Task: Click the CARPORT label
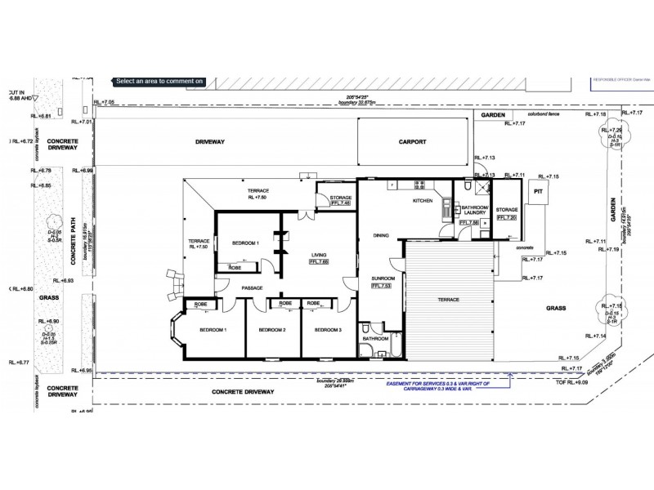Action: [412, 142]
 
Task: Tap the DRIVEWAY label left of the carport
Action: [209, 142]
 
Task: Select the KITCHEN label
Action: [422, 200]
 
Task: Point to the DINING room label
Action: [381, 236]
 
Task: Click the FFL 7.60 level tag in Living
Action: [319, 262]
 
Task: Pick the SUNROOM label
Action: [383, 278]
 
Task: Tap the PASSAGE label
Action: [251, 287]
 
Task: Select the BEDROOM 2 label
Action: [271, 330]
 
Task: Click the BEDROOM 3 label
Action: [325, 330]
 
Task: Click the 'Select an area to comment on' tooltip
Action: [159, 81]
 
